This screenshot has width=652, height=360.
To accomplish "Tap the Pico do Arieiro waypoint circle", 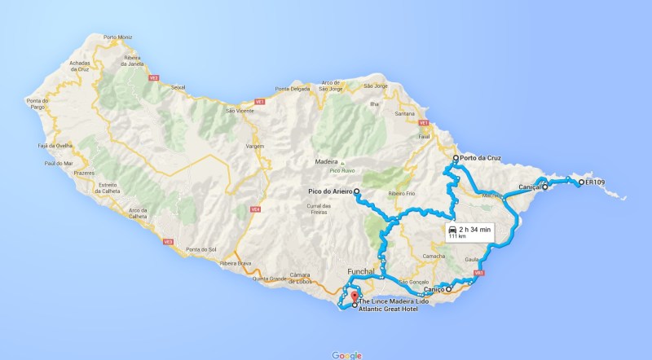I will point(357,191).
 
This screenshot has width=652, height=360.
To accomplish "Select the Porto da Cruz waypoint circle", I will point(456,158).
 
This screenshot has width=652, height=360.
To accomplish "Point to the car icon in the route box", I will point(452,230).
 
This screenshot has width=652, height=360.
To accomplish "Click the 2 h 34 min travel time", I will point(475,230).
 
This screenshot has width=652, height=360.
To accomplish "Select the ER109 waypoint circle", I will point(581,182).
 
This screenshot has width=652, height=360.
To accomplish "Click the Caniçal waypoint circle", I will point(544,187).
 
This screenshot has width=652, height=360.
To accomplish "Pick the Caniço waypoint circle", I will point(448,289).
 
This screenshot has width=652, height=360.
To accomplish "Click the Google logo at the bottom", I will point(346,354).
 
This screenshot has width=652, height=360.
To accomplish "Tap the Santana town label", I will point(404,113).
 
